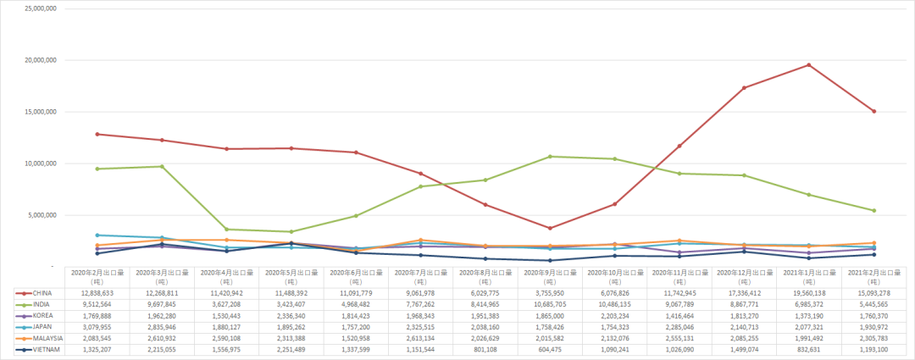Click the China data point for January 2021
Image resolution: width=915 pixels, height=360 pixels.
809,65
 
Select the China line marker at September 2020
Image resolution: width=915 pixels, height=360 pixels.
550,228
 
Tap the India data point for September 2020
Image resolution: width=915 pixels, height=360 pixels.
550,157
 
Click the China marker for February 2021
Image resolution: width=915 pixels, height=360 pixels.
873,111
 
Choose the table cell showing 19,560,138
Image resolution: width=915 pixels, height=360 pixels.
809,292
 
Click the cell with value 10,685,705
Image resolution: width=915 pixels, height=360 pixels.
550,304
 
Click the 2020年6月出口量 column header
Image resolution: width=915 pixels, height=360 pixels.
356,276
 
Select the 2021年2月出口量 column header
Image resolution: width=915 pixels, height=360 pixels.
873,276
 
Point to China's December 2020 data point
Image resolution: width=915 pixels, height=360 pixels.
744,88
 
